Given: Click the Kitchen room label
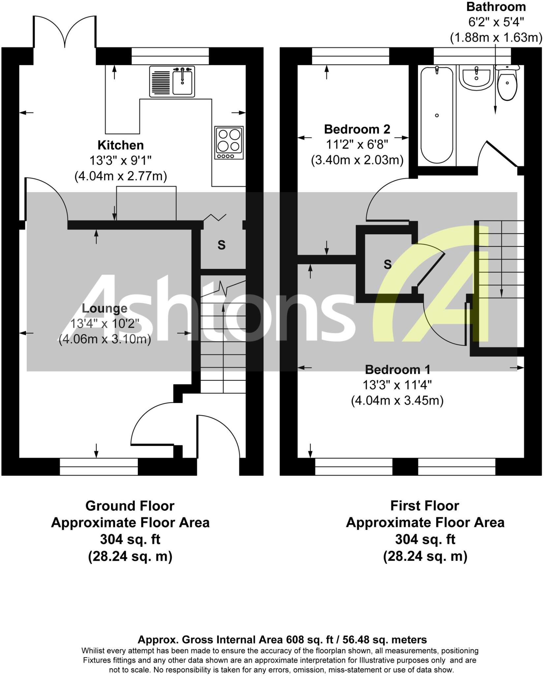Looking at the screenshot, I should click(120, 145).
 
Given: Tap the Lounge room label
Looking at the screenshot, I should click(105, 308).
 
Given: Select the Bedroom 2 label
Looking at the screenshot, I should click(357, 129).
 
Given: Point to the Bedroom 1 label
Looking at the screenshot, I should click(398, 369).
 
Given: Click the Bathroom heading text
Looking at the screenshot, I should click(496, 7).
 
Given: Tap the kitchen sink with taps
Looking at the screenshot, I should click(182, 81).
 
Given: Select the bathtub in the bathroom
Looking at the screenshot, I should click(437, 115).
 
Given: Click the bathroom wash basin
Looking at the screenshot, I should click(476, 77).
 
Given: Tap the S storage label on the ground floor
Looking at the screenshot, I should click(222, 245).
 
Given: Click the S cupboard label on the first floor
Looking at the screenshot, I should click(388, 264).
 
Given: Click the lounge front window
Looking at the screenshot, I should click(99, 466).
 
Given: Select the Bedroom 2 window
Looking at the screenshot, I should click(350, 56).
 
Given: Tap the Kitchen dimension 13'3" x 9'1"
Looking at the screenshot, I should click(120, 161).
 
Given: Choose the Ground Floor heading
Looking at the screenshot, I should click(130, 506).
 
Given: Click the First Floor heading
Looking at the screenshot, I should click(424, 506).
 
